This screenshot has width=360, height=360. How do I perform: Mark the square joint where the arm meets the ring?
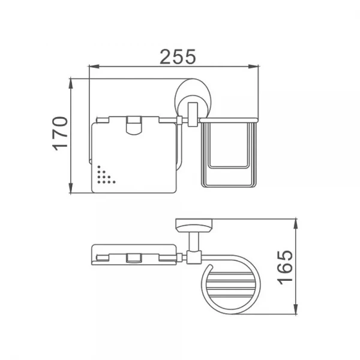pos(193,259)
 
